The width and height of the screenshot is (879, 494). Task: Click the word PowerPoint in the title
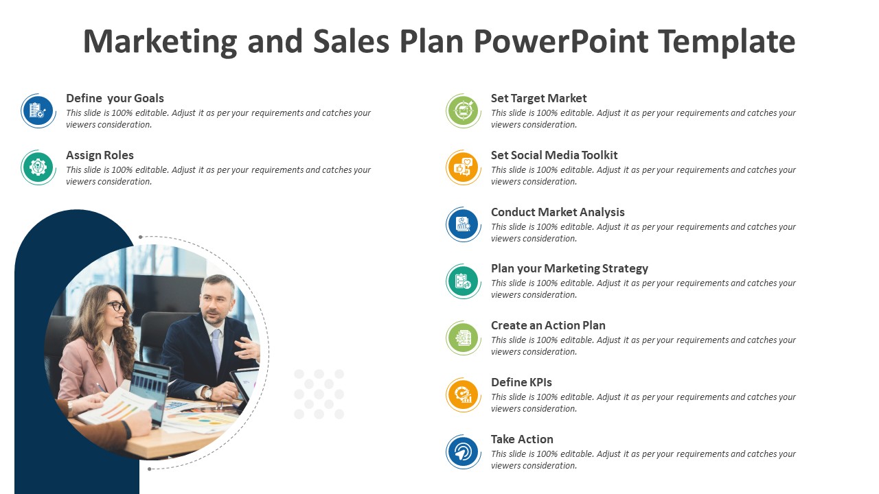pos(560,42)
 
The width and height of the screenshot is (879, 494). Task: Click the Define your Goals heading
pos(115,98)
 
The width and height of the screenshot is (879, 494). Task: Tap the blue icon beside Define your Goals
pos(38,110)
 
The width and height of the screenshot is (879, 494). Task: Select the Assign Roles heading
pos(100,155)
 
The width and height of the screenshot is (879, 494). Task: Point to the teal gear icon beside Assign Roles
pos(38,167)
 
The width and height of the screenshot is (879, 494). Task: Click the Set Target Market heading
pos(538,98)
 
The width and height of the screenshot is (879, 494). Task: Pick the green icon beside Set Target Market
pos(464,110)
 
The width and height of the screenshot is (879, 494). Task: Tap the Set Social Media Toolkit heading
pos(554,155)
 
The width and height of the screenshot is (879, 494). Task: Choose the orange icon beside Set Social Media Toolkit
pos(464,167)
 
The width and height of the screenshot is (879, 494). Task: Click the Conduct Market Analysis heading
pos(558,212)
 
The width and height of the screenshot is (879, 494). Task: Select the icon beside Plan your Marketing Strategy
pos(464,281)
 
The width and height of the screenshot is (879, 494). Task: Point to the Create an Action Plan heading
pos(548,325)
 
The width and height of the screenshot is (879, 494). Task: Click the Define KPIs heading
pos(521,382)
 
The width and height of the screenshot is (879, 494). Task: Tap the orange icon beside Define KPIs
pos(464,395)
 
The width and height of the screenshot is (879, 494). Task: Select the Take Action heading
pos(522,439)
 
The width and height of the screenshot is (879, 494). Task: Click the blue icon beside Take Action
pos(464,452)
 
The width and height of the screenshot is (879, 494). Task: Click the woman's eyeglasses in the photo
pos(115,306)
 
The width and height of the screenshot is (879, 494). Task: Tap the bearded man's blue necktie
pos(216,350)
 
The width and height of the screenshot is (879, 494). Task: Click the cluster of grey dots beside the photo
pos(319,394)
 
